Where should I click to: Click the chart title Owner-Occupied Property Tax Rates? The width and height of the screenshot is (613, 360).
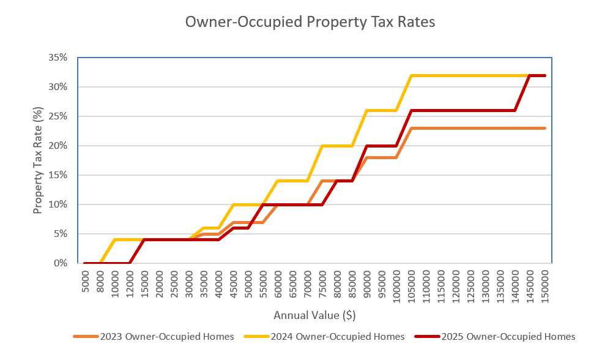click(310, 23)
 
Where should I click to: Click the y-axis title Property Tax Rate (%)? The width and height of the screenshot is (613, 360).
click(38, 160)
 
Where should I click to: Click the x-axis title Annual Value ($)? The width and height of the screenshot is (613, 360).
click(315, 315)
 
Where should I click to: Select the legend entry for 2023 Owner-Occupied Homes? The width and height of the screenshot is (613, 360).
click(153, 336)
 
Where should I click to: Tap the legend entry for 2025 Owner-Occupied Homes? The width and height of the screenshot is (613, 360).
click(494, 336)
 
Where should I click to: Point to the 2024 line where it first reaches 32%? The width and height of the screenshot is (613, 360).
click(412, 75)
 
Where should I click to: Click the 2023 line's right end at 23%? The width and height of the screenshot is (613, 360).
click(544, 128)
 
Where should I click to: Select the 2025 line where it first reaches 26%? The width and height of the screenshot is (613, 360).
click(412, 110)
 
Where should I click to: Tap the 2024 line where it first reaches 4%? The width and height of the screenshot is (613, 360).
click(115, 240)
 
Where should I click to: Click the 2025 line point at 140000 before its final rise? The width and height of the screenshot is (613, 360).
click(515, 110)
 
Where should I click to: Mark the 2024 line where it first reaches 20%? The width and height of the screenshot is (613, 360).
click(322, 146)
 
